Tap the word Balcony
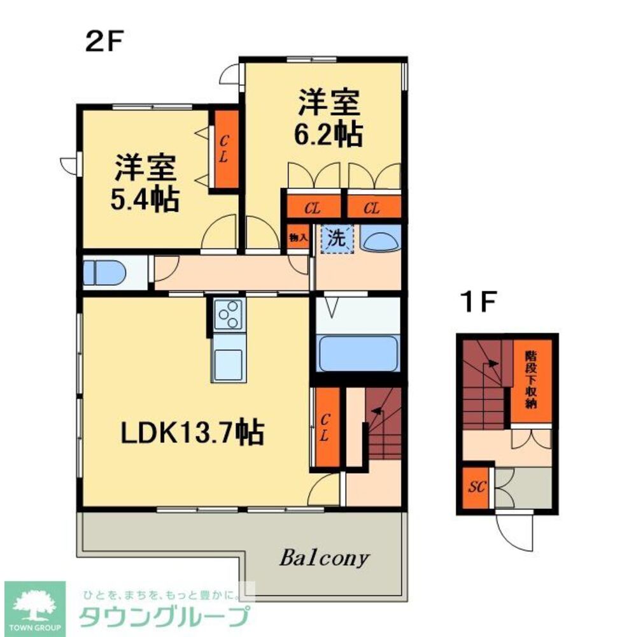click(x=324, y=558)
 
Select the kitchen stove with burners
click(x=228, y=314)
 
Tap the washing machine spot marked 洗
click(x=336, y=238)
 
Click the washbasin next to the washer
click(x=381, y=240)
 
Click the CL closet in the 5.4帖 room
click(x=224, y=150)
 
